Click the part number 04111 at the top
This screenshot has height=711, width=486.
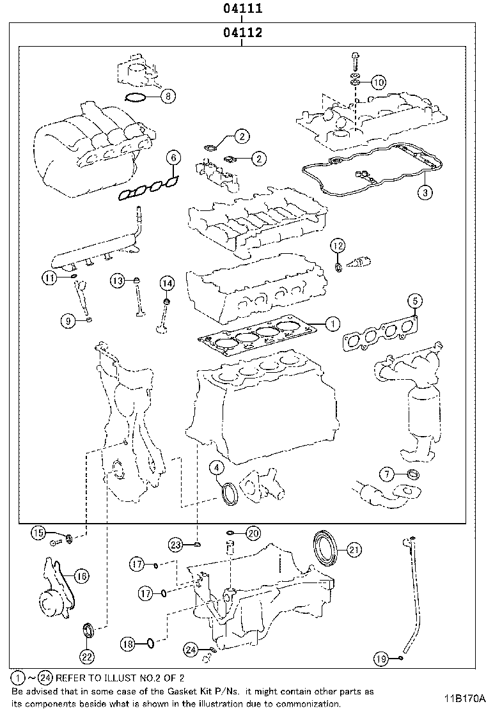pyautogui.click(x=243, y=9)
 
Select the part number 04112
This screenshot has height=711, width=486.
pyautogui.click(x=243, y=33)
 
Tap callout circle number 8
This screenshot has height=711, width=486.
pyautogui.click(x=167, y=97)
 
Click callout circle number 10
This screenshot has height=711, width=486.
pyautogui.click(x=378, y=82)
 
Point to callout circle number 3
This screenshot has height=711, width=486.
pyautogui.click(x=425, y=191)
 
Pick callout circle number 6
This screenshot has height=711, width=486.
pyautogui.click(x=173, y=157)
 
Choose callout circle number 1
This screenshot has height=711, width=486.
pyautogui.click(x=332, y=324)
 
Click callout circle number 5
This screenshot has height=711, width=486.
pyautogui.click(x=414, y=300)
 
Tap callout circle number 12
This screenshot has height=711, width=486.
pyautogui.click(x=338, y=245)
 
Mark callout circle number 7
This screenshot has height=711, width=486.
pyautogui.click(x=387, y=474)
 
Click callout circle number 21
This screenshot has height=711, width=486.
pyautogui.click(x=354, y=549)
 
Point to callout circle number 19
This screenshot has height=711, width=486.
pyautogui.click(x=380, y=658)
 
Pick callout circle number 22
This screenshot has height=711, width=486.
pyautogui.click(x=87, y=655)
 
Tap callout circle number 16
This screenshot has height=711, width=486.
pyautogui.click(x=81, y=576)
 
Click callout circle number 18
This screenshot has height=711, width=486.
pyautogui.click(x=129, y=645)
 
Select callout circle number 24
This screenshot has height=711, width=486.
pyautogui.click(x=190, y=650)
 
